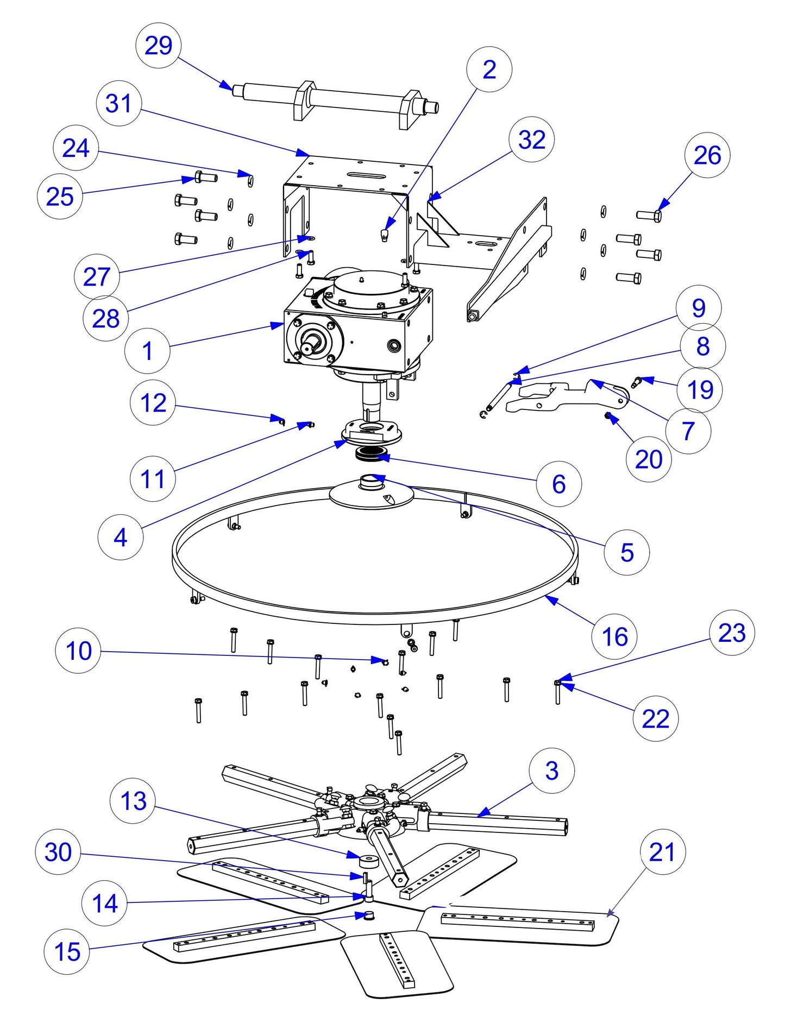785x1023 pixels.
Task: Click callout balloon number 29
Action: point(158,45)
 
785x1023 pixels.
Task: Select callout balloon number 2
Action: point(489,70)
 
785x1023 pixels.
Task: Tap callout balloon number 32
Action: point(531,140)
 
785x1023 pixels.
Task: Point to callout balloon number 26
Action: point(707,155)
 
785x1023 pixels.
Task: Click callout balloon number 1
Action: point(147,351)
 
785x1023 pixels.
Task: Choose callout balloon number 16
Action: point(614,636)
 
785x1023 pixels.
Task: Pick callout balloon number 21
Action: point(662,852)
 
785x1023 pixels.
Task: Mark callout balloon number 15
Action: point(67,951)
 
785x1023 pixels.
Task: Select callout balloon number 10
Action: point(78,651)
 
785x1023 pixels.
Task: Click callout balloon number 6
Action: point(558,484)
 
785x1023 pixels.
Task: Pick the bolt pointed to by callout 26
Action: point(649,216)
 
